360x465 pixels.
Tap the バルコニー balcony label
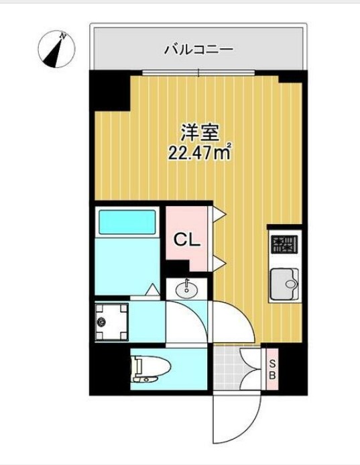(198, 49)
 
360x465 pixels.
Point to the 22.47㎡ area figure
(199, 154)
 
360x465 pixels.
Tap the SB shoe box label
(272, 370)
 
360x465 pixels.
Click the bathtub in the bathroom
(127, 221)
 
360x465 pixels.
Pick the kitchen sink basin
(284, 282)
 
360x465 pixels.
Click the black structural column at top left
(110, 90)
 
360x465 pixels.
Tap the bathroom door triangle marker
(154, 290)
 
